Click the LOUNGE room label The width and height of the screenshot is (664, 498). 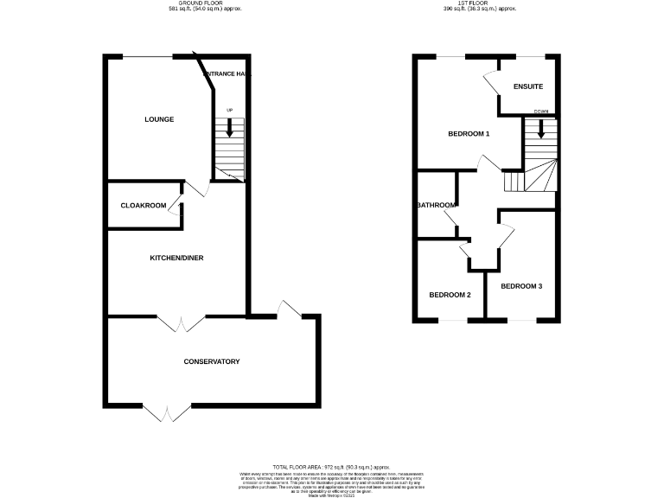(159, 119)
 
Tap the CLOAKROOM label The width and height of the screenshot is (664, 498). (143, 206)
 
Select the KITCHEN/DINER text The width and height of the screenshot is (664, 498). (176, 258)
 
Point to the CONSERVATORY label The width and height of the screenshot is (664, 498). (211, 361)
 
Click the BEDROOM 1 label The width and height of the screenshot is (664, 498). (469, 134)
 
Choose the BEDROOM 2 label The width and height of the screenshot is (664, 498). (450, 295)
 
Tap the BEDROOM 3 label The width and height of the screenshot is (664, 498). (521, 285)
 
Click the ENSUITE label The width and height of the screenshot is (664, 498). (527, 87)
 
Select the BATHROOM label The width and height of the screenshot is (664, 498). (436, 205)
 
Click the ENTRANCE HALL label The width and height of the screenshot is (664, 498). (227, 74)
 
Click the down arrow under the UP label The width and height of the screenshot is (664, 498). (229, 128)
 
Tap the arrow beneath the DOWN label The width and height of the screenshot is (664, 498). (541, 129)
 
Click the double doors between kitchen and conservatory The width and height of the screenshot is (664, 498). (182, 322)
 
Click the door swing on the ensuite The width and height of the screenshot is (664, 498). (490, 82)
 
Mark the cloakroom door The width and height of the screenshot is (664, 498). (176, 206)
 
